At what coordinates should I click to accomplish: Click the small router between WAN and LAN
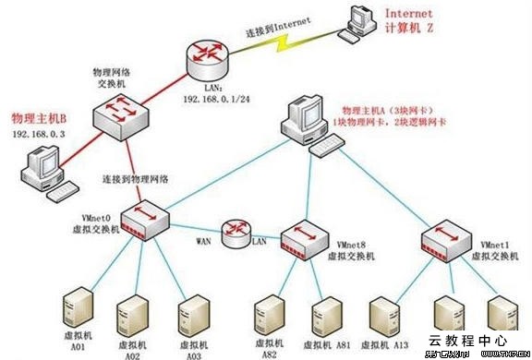point(236,232)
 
